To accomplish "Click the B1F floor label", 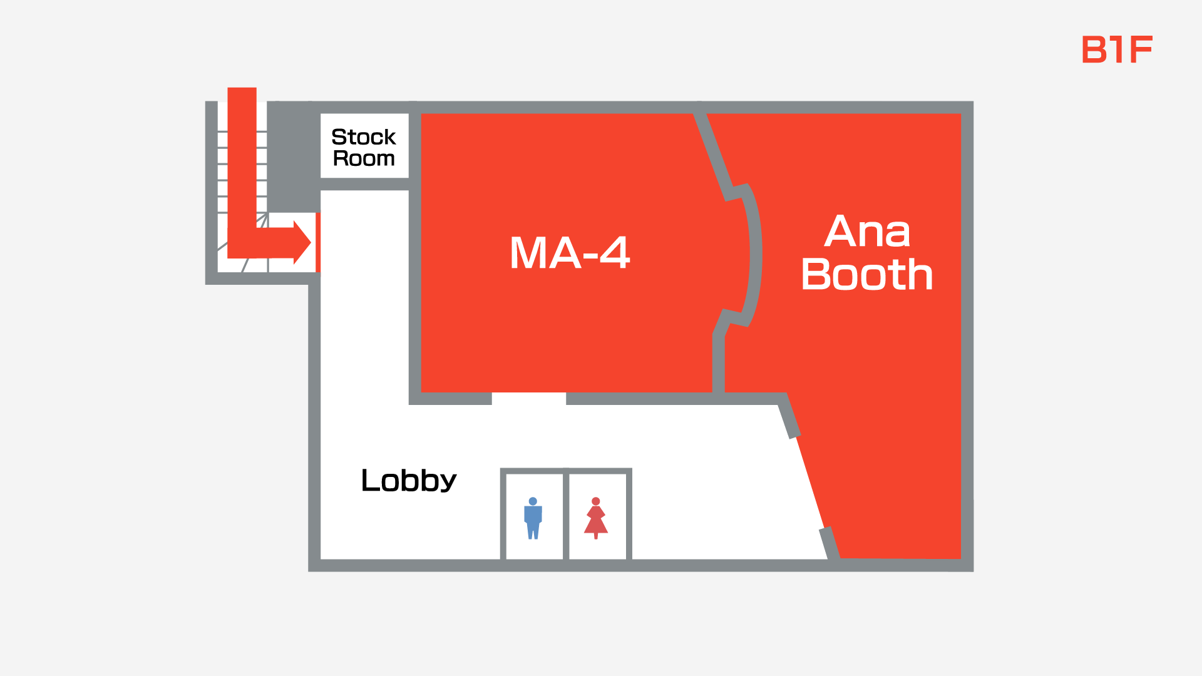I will coord(1117,49).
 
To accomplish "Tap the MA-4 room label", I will coord(569,253).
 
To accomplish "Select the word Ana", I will coord(867,232).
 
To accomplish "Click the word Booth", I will coord(867,274).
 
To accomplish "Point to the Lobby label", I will coord(409,481).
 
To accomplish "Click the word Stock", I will coord(363,136).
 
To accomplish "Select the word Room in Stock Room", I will coord(364,158).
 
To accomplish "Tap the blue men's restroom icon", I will coord(533,518).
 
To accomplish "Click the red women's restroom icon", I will coord(595,518).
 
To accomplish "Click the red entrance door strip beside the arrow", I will coord(318,242).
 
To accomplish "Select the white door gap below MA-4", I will coord(528,399).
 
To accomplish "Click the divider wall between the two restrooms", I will coord(566,516).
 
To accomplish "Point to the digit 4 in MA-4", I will coord(615,253).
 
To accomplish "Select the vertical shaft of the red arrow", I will coord(242,163).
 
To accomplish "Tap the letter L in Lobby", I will coord(369,480).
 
